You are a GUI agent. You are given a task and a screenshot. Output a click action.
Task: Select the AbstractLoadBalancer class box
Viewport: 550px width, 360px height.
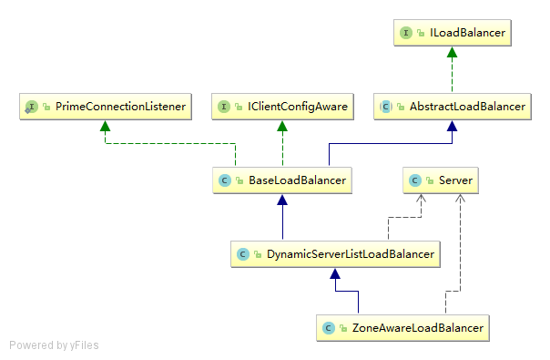click(453, 107)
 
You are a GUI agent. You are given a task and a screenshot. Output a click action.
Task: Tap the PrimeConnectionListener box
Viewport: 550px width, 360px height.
click(106, 107)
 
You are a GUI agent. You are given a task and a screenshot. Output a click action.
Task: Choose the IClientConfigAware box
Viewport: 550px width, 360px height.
click(282, 107)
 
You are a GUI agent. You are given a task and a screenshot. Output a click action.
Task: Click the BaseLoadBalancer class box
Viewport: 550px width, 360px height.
click(282, 180)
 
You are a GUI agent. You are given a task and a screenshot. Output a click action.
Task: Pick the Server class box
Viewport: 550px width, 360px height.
click(441, 180)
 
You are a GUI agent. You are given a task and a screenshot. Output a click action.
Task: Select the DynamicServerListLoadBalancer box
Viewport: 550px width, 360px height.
click(336, 253)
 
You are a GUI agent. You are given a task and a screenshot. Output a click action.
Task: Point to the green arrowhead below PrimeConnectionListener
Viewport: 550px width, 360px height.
click(106, 126)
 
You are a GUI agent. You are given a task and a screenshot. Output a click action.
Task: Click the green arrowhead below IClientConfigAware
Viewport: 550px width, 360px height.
click(282, 126)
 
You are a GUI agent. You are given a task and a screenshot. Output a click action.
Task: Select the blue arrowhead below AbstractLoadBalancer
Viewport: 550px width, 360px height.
click(452, 126)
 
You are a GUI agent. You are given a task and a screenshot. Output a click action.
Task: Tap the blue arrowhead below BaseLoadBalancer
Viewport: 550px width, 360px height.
click(282, 200)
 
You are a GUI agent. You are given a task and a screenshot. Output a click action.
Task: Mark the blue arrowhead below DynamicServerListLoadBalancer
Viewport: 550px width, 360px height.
click(336, 273)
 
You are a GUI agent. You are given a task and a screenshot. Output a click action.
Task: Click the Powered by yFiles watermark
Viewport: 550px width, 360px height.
click(54, 345)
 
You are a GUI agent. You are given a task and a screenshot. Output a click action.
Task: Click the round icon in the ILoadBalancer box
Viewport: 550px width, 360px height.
click(405, 33)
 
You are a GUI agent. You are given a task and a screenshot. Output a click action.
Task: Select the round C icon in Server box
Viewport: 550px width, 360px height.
click(415, 180)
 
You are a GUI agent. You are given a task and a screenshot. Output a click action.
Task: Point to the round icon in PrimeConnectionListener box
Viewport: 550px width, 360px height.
click(31, 107)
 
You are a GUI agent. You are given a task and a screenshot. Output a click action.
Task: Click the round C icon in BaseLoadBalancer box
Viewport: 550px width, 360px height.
click(225, 180)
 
